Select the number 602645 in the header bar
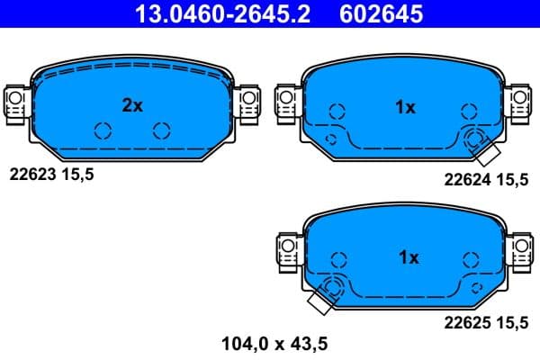click(381, 13)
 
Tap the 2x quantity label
click(132, 105)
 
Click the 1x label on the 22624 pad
click(405, 108)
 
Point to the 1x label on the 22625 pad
click(408, 257)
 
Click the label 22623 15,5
click(50, 174)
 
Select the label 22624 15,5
click(486, 179)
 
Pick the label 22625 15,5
click(486, 326)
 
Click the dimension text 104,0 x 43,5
click(274, 343)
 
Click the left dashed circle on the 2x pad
click(103, 130)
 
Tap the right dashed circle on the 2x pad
click(161, 130)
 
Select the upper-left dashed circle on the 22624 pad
click(337, 112)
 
